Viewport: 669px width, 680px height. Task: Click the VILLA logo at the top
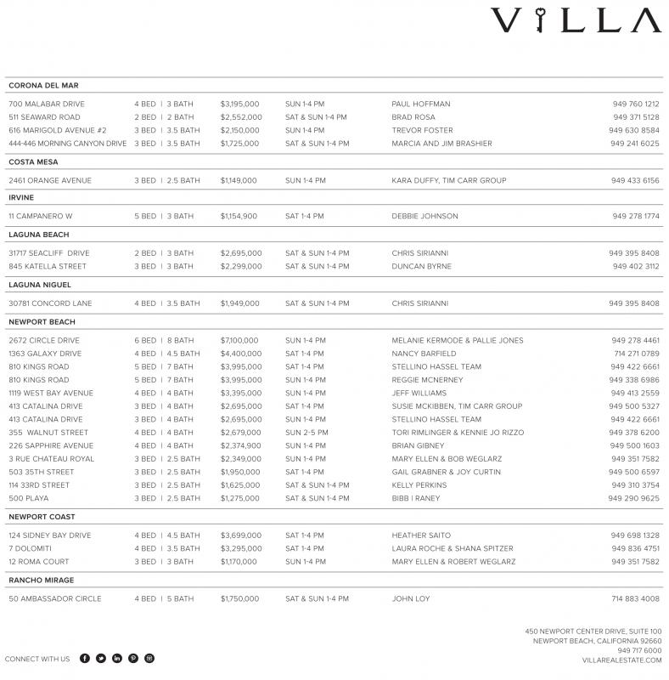click(576, 20)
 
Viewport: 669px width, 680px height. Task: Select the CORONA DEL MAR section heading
click(43, 86)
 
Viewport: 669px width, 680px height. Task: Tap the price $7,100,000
click(239, 340)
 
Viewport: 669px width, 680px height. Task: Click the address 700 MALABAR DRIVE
click(47, 104)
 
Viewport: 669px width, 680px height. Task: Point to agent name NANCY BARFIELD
click(424, 354)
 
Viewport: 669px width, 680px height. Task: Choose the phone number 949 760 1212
click(635, 104)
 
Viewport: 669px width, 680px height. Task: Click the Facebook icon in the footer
click(85, 659)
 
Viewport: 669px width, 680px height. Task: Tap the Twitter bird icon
click(101, 659)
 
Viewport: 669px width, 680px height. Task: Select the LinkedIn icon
click(117, 659)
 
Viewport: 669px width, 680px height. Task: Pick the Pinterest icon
click(133, 659)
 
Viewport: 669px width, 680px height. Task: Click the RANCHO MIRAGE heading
click(42, 581)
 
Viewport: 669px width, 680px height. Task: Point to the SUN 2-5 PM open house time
click(306, 433)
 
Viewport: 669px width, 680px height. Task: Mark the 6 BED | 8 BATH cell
click(164, 340)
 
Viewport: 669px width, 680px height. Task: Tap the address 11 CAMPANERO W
click(41, 216)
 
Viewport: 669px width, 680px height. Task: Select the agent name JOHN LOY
click(411, 599)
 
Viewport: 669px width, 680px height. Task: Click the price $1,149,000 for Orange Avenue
click(239, 180)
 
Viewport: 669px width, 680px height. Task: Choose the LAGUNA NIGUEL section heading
click(40, 285)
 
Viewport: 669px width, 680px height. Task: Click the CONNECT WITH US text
click(37, 659)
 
